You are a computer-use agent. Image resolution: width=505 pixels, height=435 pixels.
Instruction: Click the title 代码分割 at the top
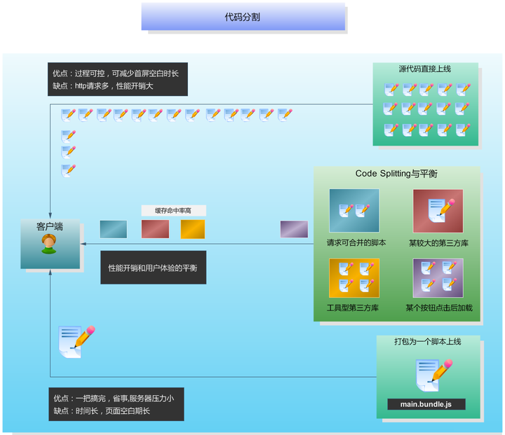(243, 17)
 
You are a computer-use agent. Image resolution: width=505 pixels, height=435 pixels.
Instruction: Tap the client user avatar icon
(49, 244)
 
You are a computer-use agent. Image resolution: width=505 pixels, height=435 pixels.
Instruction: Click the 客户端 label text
(49, 226)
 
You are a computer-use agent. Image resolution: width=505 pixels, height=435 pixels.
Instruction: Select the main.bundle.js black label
(426, 404)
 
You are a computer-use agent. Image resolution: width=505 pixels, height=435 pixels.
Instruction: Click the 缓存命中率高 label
(173, 210)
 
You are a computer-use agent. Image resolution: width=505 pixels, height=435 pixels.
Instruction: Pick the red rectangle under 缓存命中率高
(155, 229)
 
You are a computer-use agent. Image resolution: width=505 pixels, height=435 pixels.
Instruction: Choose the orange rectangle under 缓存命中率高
(193, 229)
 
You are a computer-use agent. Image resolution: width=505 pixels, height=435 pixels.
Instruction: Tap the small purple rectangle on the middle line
(294, 229)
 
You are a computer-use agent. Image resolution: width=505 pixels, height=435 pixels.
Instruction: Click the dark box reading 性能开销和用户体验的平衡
(153, 268)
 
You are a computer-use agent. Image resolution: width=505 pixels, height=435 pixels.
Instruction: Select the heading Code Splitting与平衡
(396, 174)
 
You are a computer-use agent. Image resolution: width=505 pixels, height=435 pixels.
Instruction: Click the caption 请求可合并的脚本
(356, 243)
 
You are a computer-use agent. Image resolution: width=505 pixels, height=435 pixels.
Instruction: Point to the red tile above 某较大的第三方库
(438, 211)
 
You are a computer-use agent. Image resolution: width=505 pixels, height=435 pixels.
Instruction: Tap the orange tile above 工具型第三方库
(354, 278)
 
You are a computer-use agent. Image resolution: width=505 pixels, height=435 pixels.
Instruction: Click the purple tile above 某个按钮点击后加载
(438, 278)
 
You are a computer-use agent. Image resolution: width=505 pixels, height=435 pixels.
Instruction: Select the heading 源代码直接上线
(425, 69)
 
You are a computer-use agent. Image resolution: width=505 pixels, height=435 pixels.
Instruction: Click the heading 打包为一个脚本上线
(427, 342)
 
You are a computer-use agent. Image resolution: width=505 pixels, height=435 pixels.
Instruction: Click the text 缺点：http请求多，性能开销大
(103, 86)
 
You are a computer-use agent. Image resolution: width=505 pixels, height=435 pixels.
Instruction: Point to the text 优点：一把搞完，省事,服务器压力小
(114, 398)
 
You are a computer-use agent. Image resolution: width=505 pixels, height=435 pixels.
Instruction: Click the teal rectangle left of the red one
(114, 229)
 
